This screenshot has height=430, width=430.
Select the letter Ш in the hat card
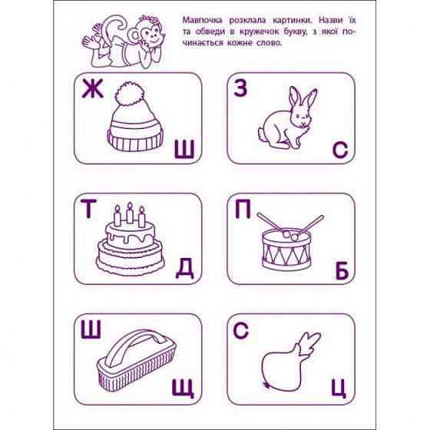coord(184,150)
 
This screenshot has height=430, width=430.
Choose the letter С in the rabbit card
coord(341,150)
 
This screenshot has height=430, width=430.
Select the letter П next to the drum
coord(243,210)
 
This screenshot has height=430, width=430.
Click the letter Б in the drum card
coord(341,269)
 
